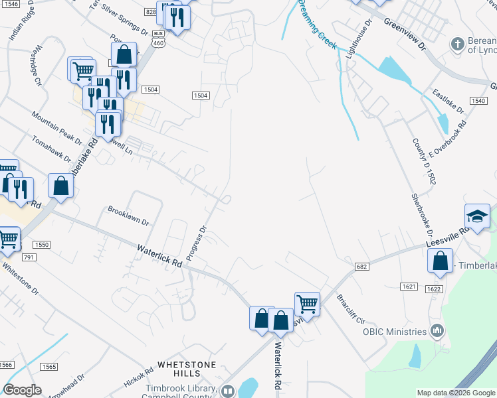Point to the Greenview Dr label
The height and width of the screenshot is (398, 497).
click(x=403, y=31)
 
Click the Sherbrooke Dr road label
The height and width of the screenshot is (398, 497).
click(x=423, y=217)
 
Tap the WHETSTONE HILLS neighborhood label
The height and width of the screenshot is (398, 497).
click(x=186, y=370)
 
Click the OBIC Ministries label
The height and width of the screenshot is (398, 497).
click(x=399, y=332)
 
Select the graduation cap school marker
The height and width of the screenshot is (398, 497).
click(x=477, y=217)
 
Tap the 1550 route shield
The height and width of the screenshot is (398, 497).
click(x=43, y=245)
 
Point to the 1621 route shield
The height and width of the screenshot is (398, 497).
click(x=409, y=287)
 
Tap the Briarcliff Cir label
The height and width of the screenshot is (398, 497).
click(x=351, y=308)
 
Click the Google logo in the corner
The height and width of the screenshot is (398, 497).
click(x=22, y=390)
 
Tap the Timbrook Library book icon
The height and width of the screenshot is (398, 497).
click(x=227, y=391)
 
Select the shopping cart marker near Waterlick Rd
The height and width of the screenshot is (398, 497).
click(x=307, y=304)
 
